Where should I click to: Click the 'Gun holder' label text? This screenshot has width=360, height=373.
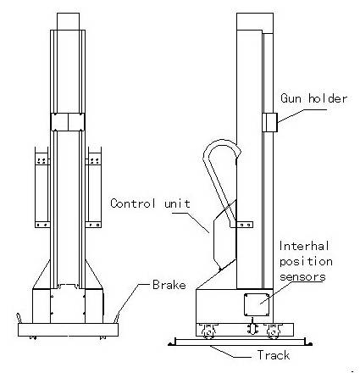[x=313, y=98]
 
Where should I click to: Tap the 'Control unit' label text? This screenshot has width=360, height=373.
[x=150, y=203]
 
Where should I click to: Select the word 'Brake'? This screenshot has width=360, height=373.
[x=169, y=285]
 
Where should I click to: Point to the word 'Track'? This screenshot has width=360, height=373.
[x=274, y=355]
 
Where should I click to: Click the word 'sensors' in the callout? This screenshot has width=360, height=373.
[x=302, y=276]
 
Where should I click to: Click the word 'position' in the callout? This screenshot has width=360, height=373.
[x=306, y=262]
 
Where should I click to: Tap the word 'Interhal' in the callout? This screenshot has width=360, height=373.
[x=304, y=246]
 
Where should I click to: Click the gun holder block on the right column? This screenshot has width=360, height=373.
[x=270, y=122]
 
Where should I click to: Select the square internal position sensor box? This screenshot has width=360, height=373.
[x=257, y=304]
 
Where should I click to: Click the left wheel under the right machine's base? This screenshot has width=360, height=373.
[x=208, y=331]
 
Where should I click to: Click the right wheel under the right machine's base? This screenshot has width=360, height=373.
[x=272, y=331]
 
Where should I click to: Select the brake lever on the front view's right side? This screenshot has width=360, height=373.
[x=119, y=316]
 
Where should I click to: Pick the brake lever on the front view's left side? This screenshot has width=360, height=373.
[x=19, y=318]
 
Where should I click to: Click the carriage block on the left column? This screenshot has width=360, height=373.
[x=68, y=122]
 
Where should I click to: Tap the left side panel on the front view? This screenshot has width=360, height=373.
[x=42, y=187]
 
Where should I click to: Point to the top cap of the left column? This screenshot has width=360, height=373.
[x=68, y=21]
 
